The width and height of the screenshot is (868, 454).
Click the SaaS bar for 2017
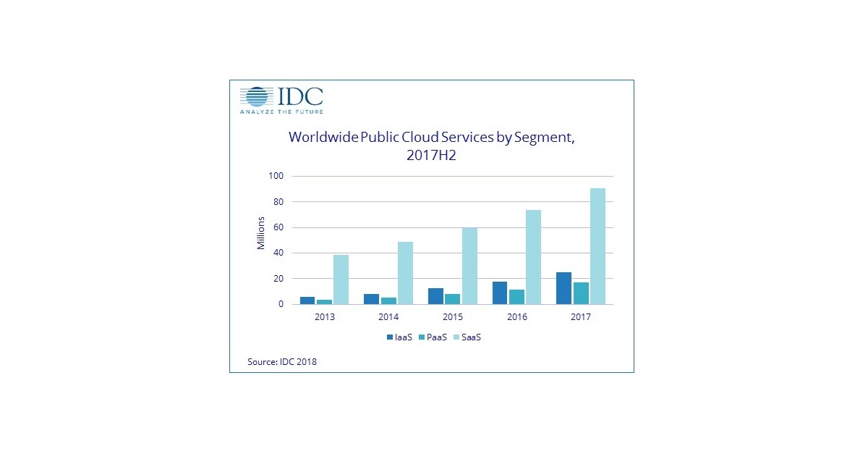[x=597, y=246]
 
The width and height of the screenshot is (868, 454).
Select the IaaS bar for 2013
[x=307, y=300]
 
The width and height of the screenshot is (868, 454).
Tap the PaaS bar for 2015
[x=452, y=299]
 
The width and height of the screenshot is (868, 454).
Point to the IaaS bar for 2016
[x=500, y=293]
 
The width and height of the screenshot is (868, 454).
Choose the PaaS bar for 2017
[x=580, y=293]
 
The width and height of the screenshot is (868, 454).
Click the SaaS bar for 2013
[x=340, y=279]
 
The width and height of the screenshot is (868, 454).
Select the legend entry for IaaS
[x=399, y=337]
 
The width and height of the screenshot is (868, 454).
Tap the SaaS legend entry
[x=468, y=337]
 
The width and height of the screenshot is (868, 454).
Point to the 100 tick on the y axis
[x=277, y=176]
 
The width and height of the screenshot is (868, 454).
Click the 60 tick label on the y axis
[x=279, y=227]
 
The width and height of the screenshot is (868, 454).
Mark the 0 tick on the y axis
[x=281, y=304]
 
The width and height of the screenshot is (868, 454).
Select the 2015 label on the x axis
[x=452, y=317]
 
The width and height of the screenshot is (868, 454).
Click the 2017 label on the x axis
[x=581, y=317]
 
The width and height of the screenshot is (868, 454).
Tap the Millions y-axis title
[x=262, y=233]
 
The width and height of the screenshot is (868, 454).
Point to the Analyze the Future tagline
[x=281, y=112]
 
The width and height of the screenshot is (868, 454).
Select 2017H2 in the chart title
[x=431, y=155]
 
